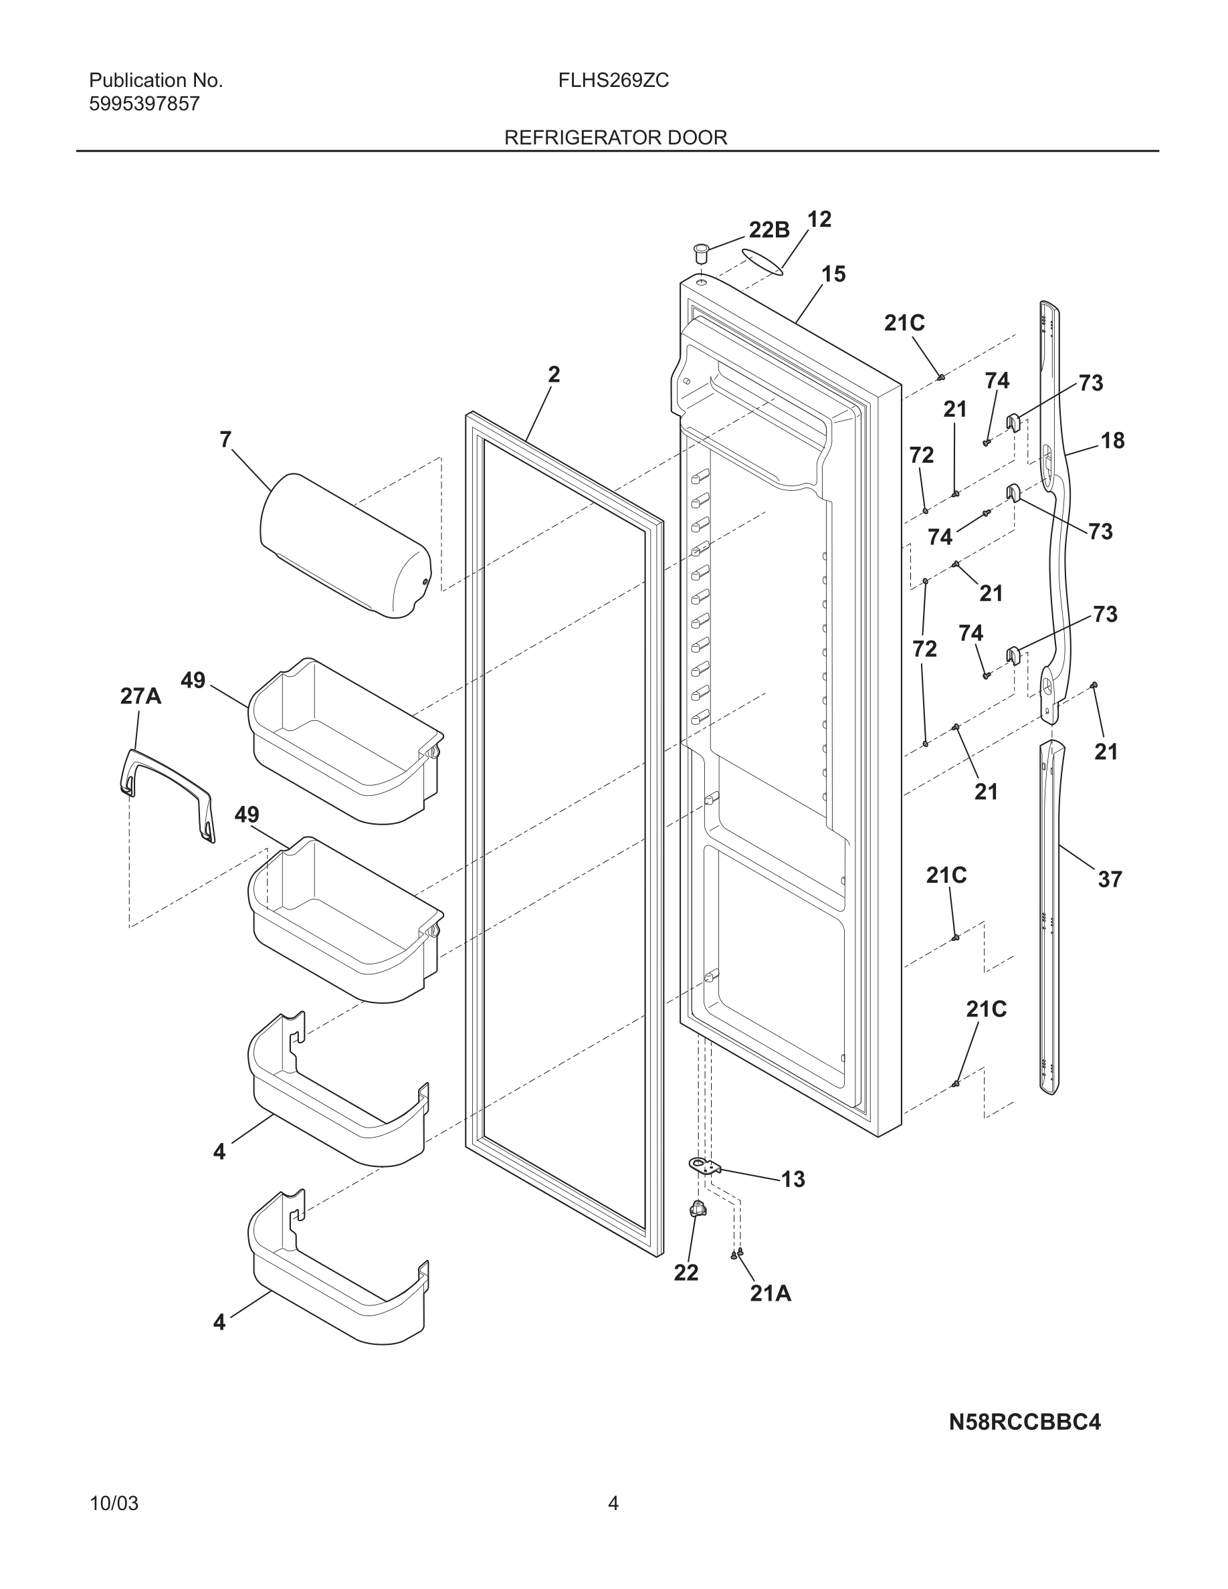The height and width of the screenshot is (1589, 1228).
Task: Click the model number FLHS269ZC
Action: tap(613, 81)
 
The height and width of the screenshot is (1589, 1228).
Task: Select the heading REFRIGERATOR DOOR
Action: tap(615, 138)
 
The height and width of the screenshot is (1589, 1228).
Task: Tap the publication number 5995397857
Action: tap(144, 104)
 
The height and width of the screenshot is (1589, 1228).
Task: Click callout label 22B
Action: tap(769, 230)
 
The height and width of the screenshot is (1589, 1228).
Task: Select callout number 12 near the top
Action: tap(819, 219)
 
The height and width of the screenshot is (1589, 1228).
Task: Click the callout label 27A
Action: tap(140, 696)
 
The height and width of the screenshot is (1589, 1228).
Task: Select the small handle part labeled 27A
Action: tap(167, 794)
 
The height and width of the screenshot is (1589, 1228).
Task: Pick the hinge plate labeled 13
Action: tap(703, 1166)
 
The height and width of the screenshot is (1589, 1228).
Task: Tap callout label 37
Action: tap(1110, 879)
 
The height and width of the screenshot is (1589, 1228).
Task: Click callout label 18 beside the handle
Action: tap(1112, 440)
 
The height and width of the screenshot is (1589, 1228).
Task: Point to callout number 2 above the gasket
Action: tap(554, 375)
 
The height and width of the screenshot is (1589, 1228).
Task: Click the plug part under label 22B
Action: tap(702, 254)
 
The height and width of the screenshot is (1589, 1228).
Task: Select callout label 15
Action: tap(833, 274)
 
